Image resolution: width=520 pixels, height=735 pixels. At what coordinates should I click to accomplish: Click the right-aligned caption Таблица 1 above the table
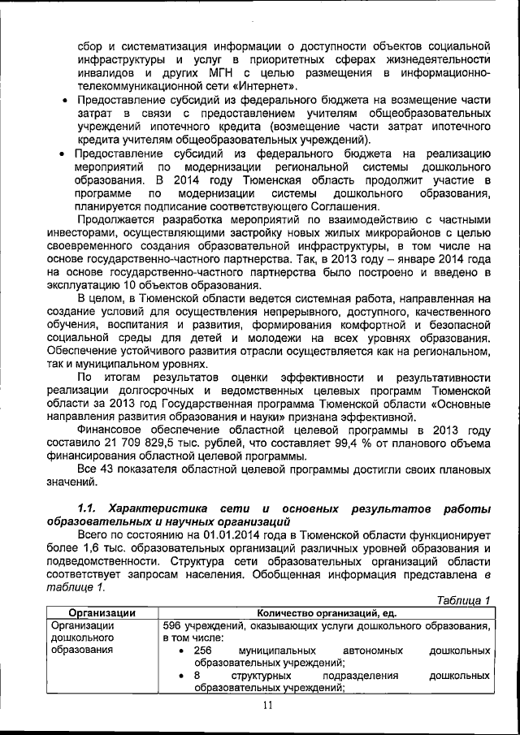tap(463, 601)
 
